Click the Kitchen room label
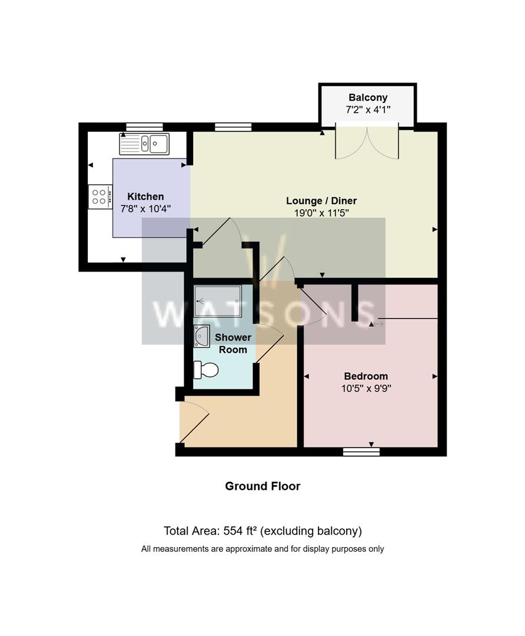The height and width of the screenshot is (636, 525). coord(145,197)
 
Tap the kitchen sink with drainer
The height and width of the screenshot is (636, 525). coord(144,144)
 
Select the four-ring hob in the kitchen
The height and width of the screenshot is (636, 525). coord(99,197)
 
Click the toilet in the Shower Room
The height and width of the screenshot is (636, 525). coord(207,369)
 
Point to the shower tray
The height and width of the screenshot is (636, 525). coord(218,301)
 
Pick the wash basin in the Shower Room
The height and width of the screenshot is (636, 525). coord(201,336)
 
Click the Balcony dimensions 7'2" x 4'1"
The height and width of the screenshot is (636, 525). coord(368,110)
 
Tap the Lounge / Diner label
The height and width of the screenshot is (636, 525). coord(321,201)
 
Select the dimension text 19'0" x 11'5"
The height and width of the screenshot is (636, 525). coord(321,213)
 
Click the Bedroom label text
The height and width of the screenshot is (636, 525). coord(366,376)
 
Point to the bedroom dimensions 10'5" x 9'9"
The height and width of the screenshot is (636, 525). coord(366,389)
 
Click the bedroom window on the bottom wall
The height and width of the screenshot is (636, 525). coord(361,452)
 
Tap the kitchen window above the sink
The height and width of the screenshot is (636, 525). coord(144,127)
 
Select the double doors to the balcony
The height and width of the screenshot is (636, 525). coord(367,142)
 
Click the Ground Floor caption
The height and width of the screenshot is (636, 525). coord(262,486)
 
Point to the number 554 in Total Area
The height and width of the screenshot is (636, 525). coord(232,531)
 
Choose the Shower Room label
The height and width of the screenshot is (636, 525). coord(233,343)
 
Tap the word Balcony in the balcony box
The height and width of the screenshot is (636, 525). coord(368,97)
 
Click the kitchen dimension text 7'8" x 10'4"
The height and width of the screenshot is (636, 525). coord(145,209)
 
